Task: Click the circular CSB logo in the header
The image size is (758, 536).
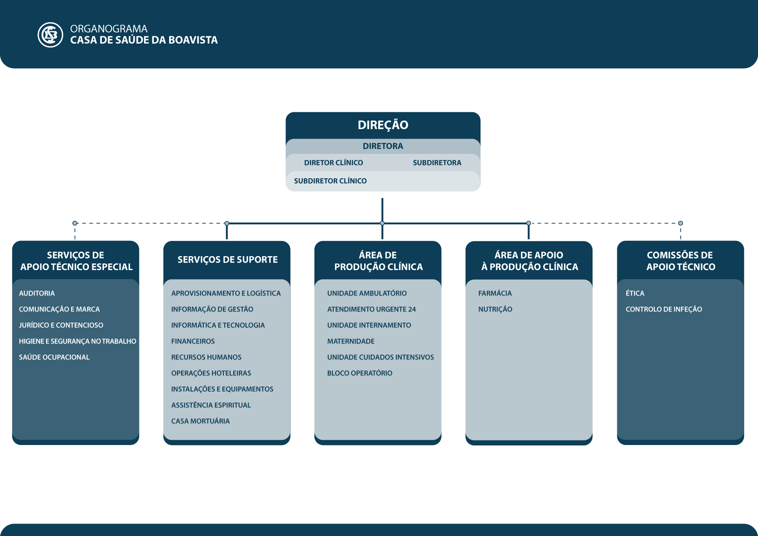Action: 50,35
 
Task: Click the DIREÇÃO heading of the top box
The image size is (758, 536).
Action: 383,125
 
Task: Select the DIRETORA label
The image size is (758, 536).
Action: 383,146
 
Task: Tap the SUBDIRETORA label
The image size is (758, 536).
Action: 437,163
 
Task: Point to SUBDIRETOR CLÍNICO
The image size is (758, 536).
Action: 330,181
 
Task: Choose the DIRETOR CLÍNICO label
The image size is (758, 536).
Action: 333,163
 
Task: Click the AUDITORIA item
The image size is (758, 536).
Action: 37,293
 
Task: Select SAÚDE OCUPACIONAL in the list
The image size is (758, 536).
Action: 54,357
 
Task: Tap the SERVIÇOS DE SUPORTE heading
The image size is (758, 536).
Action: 228,259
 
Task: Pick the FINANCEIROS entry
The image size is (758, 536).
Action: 193,341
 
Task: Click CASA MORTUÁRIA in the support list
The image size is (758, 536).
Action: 200,421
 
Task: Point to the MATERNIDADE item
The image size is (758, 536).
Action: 351,341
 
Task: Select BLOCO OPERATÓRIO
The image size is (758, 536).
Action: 360,373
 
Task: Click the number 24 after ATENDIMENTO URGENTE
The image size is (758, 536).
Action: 412,309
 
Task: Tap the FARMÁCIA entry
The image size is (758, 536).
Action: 495,293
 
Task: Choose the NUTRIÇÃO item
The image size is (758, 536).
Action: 495,309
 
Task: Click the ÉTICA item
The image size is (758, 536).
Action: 635,293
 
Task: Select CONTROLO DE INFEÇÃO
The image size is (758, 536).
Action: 664,309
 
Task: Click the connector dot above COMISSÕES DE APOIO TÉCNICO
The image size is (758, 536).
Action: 681,223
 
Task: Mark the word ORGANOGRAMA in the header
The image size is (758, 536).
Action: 109,29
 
